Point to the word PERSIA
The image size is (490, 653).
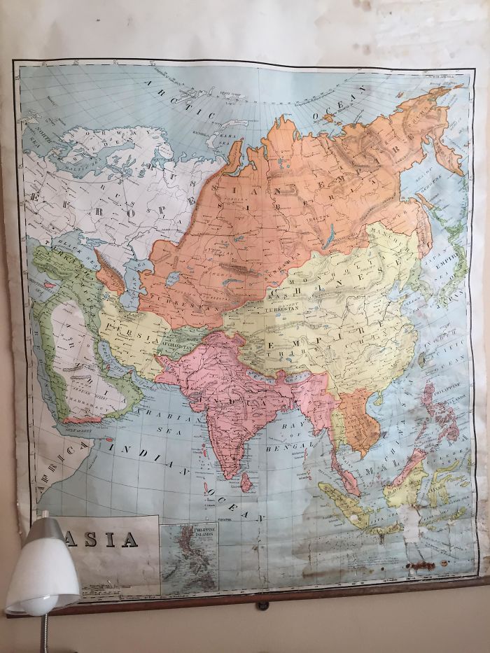click(x=130, y=328)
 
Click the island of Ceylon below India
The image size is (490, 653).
click(x=246, y=482)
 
